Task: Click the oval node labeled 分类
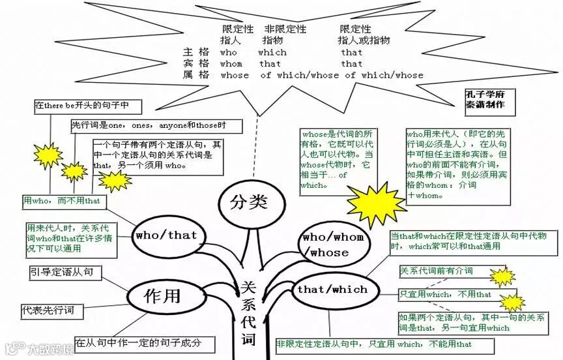click(x=249, y=202)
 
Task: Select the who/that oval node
click(x=166, y=235)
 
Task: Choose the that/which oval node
click(x=332, y=290)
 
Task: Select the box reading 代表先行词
click(x=52, y=310)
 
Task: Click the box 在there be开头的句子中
click(x=82, y=105)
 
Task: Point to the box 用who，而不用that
click(x=62, y=201)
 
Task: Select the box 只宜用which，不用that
click(x=446, y=295)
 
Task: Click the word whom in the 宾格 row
click(x=231, y=64)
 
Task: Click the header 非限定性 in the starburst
click(x=285, y=29)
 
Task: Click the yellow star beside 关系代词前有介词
click(x=502, y=277)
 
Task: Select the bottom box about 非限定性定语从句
click(x=374, y=344)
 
